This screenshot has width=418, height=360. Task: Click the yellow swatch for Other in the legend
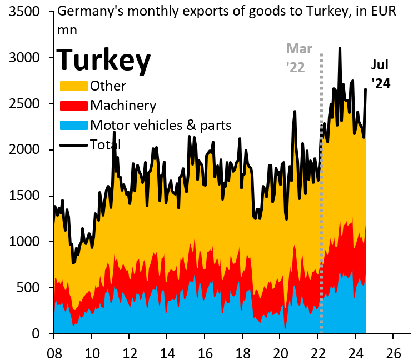[73, 86]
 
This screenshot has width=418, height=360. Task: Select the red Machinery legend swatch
[73, 106]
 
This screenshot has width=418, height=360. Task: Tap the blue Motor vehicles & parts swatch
[73, 125]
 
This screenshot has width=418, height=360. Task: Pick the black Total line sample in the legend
[73, 144]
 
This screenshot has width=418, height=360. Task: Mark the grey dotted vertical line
[322, 222]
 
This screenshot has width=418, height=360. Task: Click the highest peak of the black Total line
[340, 48]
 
